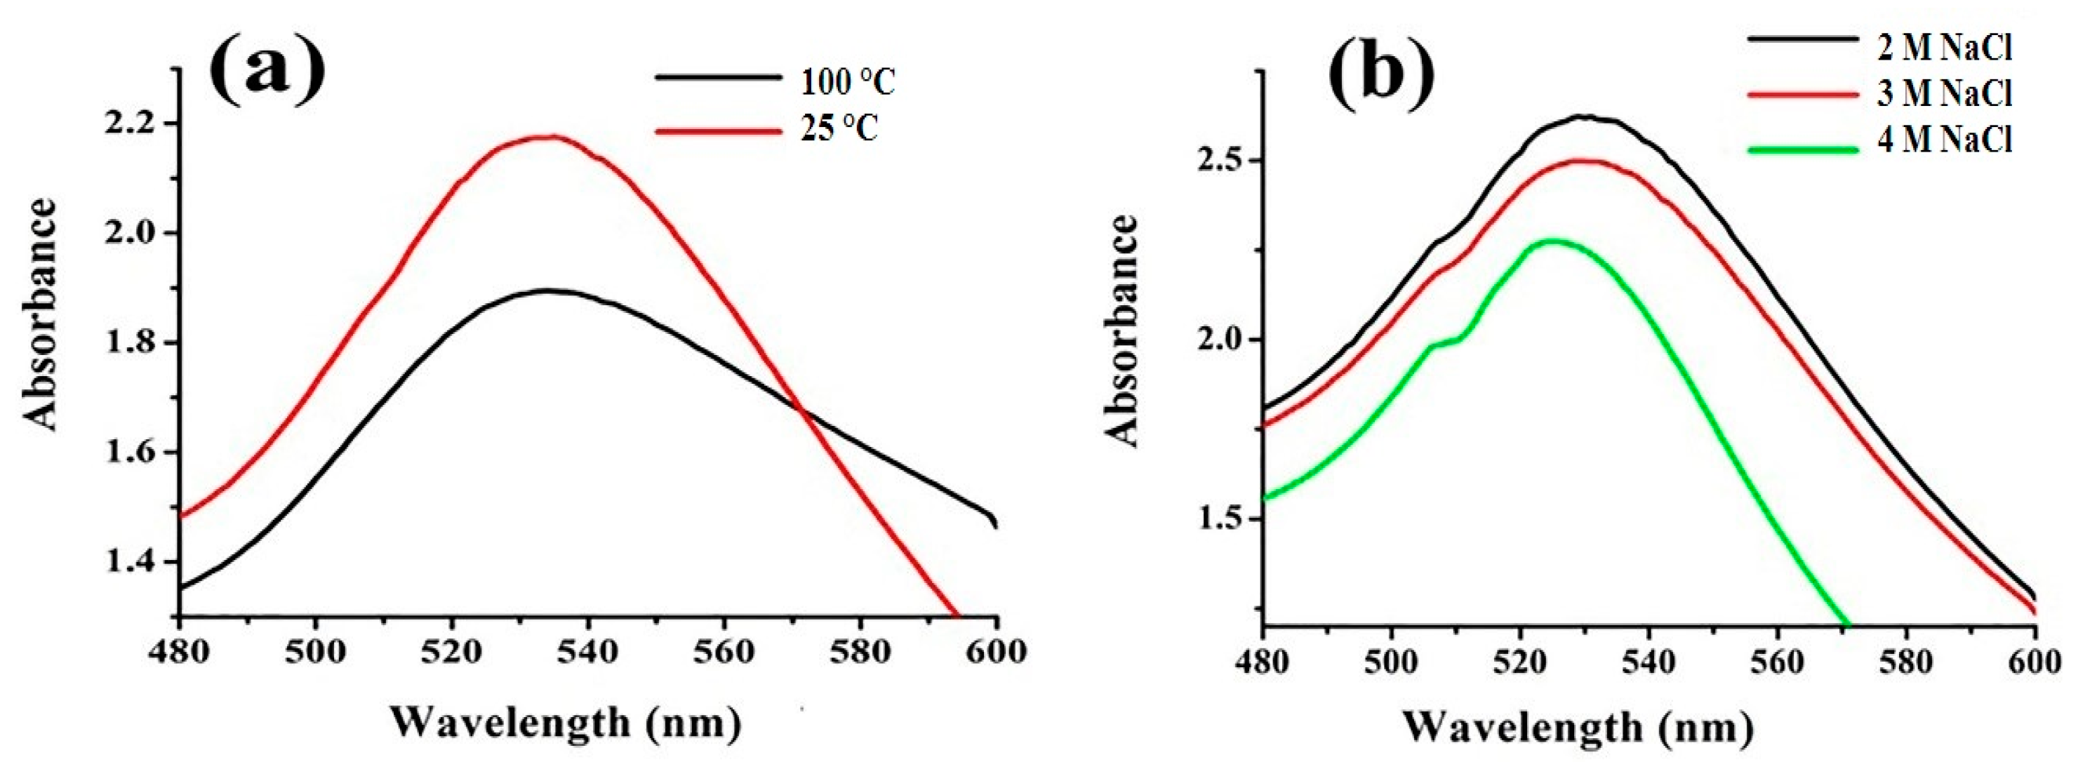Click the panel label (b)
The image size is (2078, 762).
click(1381, 76)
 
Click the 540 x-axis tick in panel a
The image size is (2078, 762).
click(588, 650)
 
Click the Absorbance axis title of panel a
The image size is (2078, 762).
click(40, 314)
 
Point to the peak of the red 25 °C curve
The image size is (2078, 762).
click(551, 136)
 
